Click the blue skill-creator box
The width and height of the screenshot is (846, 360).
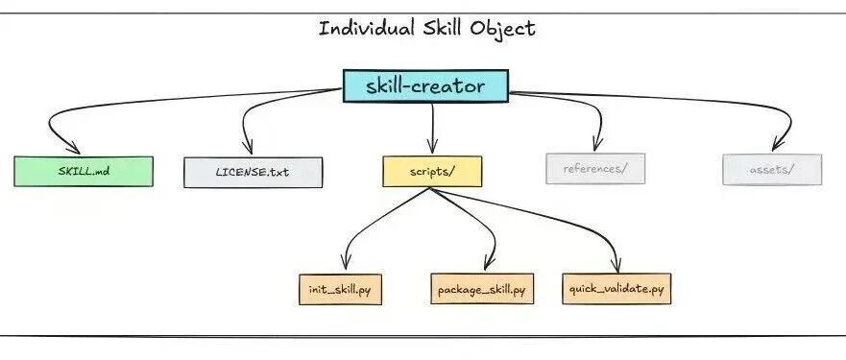(425, 85)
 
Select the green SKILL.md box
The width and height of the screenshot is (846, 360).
(84, 172)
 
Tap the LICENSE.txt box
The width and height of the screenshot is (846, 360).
(254, 173)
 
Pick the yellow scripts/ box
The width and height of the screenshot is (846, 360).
(432, 172)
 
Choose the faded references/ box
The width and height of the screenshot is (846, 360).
(595, 168)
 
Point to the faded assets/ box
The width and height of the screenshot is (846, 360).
(772, 170)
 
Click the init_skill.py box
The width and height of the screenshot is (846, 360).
(341, 289)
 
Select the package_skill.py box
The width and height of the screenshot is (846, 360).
(482, 289)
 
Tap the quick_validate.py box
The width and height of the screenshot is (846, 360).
(616, 289)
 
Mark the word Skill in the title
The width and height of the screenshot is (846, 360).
(442, 28)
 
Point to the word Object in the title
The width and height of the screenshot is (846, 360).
(502, 29)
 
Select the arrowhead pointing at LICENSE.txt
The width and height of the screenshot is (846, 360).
(248, 147)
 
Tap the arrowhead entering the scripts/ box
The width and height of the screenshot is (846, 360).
(432, 147)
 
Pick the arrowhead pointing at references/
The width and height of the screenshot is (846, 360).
(596, 145)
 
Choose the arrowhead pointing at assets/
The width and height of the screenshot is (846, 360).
(777, 145)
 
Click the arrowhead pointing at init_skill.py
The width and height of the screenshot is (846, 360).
(346, 262)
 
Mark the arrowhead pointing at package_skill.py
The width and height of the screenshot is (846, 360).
(488, 262)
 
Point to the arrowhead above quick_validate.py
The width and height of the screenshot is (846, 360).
(616, 265)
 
